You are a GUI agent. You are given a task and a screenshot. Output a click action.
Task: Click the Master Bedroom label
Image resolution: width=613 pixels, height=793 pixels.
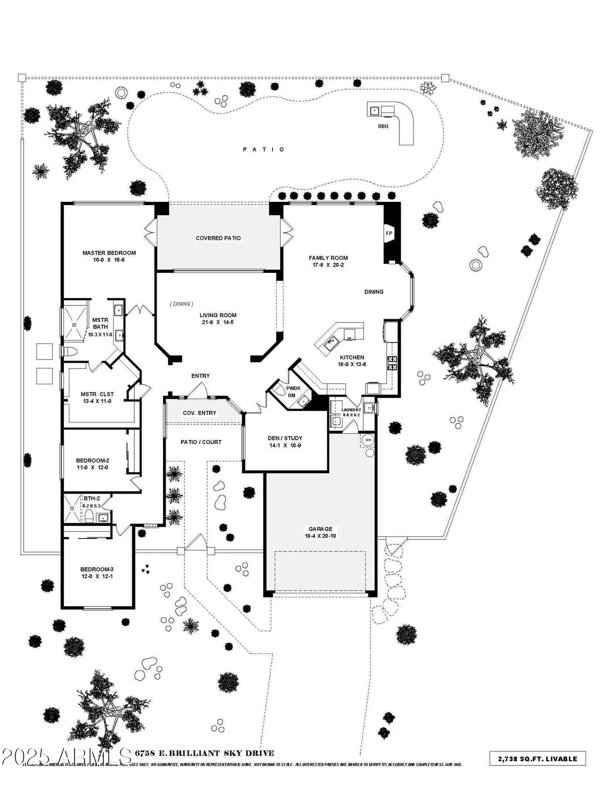(109, 253)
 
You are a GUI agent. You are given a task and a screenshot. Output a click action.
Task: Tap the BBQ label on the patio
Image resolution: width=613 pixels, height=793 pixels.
(383, 126)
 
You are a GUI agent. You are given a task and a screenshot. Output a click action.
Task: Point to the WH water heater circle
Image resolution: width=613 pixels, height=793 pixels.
(369, 440)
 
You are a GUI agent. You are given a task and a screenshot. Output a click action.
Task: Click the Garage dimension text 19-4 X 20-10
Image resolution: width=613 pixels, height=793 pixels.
(321, 536)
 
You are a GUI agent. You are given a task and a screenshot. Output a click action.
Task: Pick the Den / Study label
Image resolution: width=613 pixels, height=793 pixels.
(285, 438)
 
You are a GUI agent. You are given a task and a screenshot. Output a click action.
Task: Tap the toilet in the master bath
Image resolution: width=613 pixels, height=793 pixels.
(70, 352)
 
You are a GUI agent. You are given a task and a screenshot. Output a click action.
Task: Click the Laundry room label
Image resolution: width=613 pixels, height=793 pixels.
(351, 410)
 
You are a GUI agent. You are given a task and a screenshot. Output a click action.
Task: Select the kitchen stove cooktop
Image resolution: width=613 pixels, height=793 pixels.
(393, 363)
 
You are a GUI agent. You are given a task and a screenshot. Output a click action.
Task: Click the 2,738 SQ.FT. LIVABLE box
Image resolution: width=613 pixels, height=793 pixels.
(537, 759)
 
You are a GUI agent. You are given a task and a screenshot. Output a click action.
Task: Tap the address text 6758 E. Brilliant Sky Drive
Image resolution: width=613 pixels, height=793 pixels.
(205, 753)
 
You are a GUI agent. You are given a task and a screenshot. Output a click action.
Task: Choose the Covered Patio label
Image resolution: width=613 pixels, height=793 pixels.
(218, 238)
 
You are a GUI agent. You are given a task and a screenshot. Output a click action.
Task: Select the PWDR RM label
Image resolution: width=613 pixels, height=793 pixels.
(294, 391)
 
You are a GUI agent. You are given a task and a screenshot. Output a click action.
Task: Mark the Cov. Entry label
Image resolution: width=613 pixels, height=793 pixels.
(199, 413)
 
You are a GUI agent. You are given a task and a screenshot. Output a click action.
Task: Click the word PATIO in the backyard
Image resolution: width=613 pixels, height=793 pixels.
(264, 150)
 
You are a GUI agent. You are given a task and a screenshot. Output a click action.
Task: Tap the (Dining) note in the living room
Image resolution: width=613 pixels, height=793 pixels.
(181, 304)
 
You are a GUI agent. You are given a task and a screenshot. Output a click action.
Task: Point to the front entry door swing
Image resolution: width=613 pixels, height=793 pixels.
(197, 391)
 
